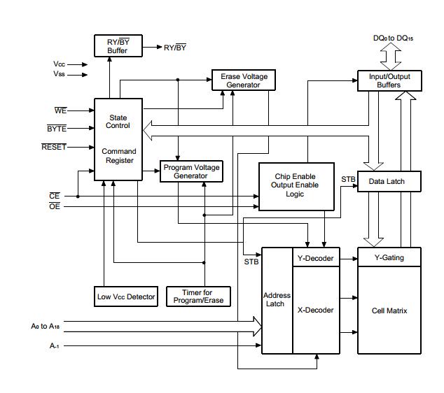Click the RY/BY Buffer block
point(118,46)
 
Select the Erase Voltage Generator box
point(244,80)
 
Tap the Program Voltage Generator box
point(191,171)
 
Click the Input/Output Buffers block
point(390,80)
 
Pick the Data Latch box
point(390,182)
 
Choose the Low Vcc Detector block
point(126,296)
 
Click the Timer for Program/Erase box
point(197,296)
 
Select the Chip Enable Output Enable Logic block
point(296,186)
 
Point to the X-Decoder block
point(315,310)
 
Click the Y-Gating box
point(390,258)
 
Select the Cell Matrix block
point(390,310)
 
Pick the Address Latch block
point(276,300)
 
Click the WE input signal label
point(60,110)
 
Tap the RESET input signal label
point(54,147)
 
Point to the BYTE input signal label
point(57,129)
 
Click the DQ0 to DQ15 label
point(393,38)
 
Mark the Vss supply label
point(60,73)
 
